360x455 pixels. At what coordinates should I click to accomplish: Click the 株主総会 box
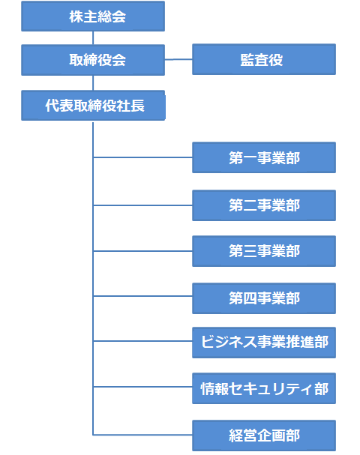point(93,16)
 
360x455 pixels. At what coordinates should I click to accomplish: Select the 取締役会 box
point(93,60)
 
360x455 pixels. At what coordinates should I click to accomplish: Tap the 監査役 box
point(264,59)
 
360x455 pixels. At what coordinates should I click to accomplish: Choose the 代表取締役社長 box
point(93,106)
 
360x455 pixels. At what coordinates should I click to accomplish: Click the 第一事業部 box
point(264,157)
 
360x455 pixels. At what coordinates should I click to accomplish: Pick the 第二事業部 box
point(264,205)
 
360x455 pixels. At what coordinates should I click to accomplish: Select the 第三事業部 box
point(264,251)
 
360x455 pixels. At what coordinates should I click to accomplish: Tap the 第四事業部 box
point(264,298)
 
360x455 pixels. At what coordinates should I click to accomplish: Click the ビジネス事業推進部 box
point(264,343)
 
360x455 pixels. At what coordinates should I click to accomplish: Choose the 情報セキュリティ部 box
point(264,388)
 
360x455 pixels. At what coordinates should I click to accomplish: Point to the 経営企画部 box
point(264,436)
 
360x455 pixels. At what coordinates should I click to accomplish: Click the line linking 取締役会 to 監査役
point(178,59)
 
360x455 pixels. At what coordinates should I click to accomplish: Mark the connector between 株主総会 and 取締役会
point(93,38)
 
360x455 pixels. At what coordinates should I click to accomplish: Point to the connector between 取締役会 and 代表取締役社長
point(93,83)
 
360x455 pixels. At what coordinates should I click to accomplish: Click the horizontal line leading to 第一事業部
point(142,157)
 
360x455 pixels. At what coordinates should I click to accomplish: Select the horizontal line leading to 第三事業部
point(142,251)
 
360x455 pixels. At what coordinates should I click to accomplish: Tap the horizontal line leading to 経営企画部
point(142,435)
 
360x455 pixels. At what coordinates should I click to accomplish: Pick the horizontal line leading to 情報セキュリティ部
point(142,387)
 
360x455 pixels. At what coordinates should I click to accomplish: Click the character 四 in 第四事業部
point(250,298)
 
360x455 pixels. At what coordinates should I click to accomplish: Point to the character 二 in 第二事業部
point(250,205)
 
